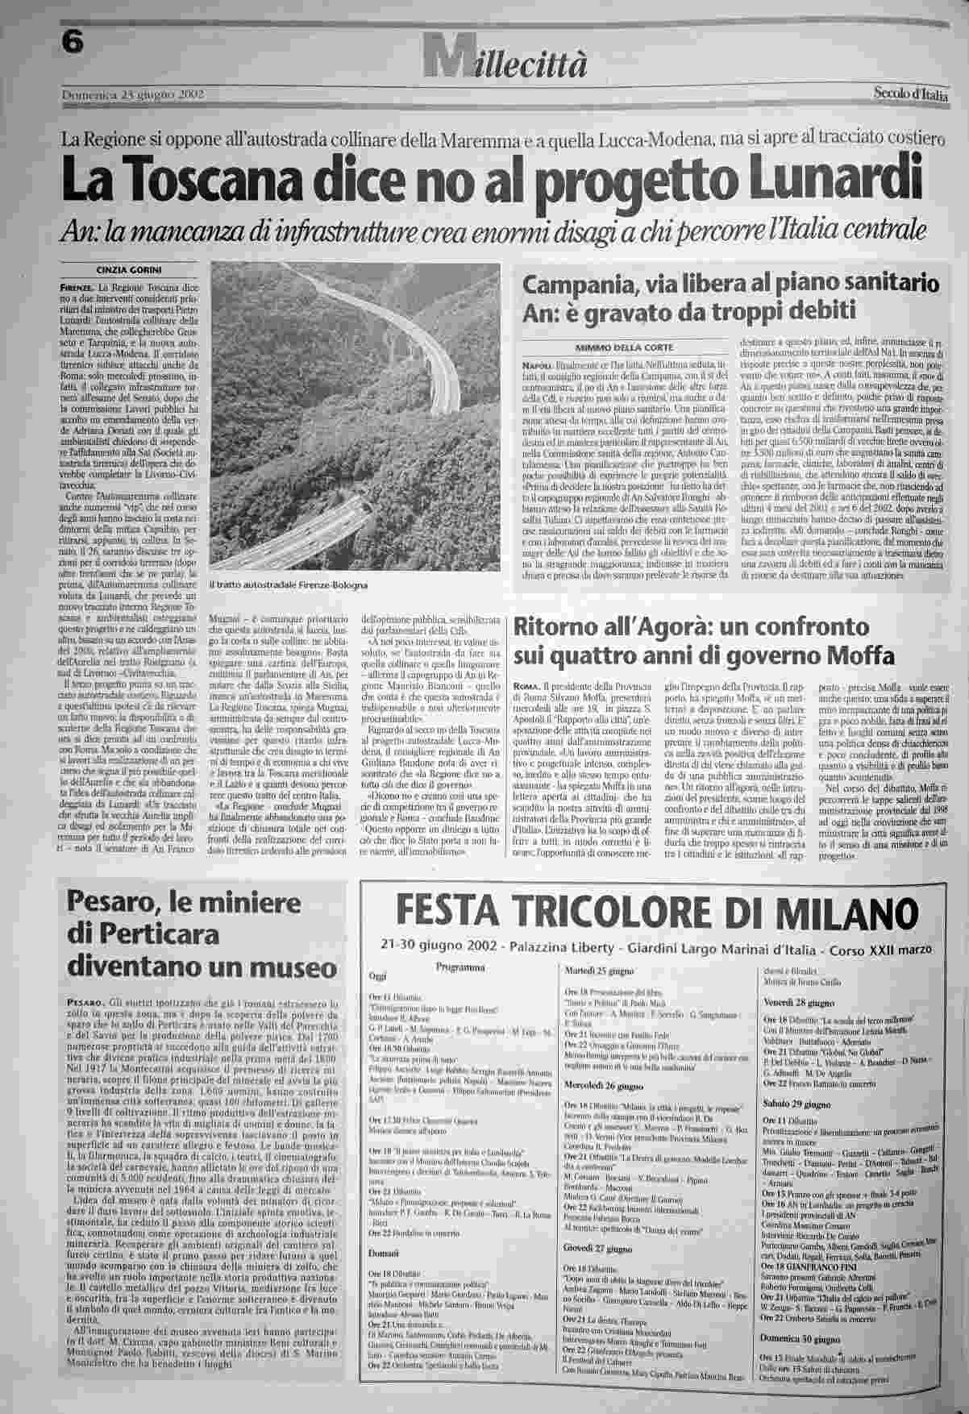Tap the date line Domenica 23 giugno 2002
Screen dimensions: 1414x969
click(x=133, y=95)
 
